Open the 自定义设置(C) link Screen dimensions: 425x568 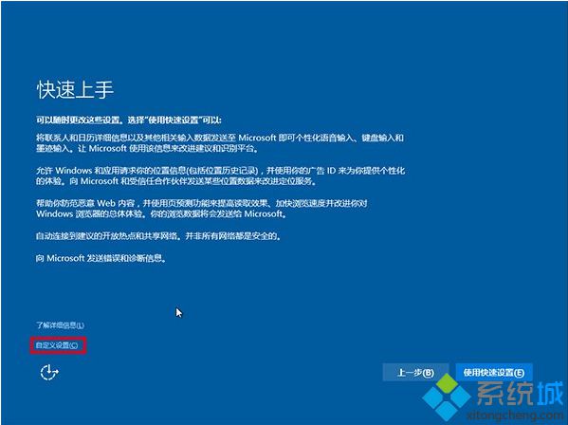[x=58, y=345]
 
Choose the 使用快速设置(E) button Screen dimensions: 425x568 [x=493, y=372]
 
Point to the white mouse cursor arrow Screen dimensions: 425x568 [x=178, y=312]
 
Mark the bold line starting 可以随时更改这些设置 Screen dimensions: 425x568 [x=129, y=120]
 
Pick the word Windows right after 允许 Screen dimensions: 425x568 [x=72, y=170]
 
